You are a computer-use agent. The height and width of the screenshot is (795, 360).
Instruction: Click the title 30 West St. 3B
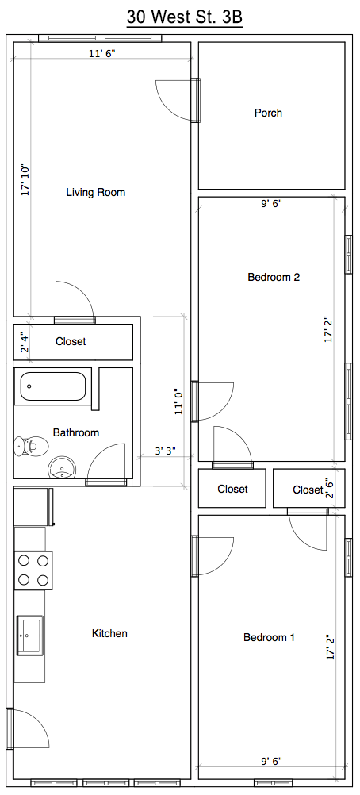point(185,17)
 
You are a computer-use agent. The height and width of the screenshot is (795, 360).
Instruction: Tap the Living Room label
point(95,192)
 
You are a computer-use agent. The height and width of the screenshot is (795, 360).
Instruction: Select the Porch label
point(268,113)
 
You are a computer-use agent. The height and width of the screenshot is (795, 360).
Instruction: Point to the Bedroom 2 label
point(274,277)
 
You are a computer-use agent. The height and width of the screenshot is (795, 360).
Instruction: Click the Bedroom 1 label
point(269,637)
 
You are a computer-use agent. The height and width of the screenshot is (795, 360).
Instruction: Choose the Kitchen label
point(109,633)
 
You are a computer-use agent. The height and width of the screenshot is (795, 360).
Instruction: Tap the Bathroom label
point(76,432)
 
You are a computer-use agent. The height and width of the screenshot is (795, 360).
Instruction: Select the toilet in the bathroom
point(31,446)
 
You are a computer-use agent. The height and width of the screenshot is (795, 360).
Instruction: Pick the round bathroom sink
point(62,467)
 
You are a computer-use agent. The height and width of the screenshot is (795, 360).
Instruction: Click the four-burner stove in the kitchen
point(33,570)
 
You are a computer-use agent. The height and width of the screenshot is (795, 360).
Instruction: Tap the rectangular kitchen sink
point(30,634)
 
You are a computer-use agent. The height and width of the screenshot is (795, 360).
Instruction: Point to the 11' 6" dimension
point(102,54)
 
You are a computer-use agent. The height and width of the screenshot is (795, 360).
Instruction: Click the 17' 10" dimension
point(25,179)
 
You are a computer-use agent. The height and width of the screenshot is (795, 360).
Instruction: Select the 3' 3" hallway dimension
point(166,450)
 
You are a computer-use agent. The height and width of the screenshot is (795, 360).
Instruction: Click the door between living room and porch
point(178,101)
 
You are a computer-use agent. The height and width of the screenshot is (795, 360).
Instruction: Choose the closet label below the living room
point(71,341)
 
